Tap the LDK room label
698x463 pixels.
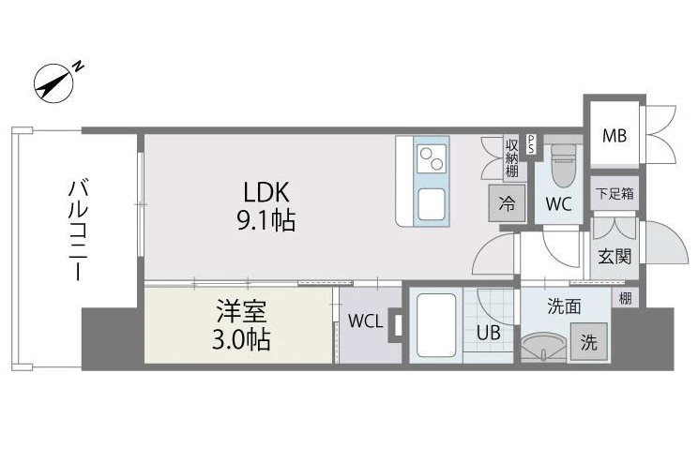(x=266, y=192)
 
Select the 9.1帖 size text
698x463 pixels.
(x=266, y=220)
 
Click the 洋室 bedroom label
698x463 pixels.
(x=242, y=311)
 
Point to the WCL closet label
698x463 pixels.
(x=365, y=321)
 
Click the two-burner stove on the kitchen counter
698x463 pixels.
(x=432, y=157)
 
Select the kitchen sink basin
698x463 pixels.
(x=432, y=203)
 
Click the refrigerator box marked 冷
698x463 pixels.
(x=507, y=203)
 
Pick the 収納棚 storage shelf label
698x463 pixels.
(x=512, y=158)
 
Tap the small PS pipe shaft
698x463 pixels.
(x=531, y=144)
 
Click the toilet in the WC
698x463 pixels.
(x=564, y=166)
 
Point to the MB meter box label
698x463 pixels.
(x=615, y=135)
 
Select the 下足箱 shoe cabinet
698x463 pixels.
(x=615, y=193)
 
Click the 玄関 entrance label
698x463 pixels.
(x=615, y=257)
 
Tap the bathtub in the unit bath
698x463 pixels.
(x=436, y=325)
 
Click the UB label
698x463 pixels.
(x=489, y=332)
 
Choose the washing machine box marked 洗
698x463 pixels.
(x=589, y=341)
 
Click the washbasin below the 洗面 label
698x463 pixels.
(x=543, y=348)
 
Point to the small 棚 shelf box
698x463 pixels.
(x=626, y=297)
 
